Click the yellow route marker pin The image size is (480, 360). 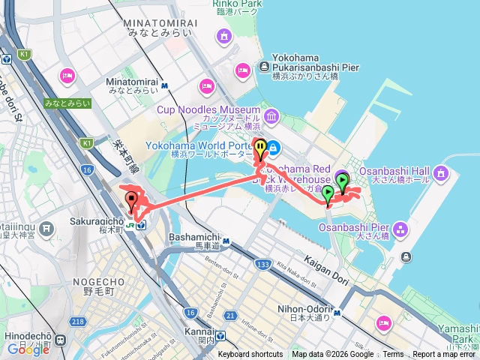point(260,148)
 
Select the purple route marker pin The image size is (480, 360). point(342,180)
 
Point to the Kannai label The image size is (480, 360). point(198,335)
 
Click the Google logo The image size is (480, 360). point(28,349)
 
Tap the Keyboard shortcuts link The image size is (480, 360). point(250,355)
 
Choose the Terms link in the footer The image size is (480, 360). point(393,355)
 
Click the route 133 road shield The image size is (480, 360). point(262,265)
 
